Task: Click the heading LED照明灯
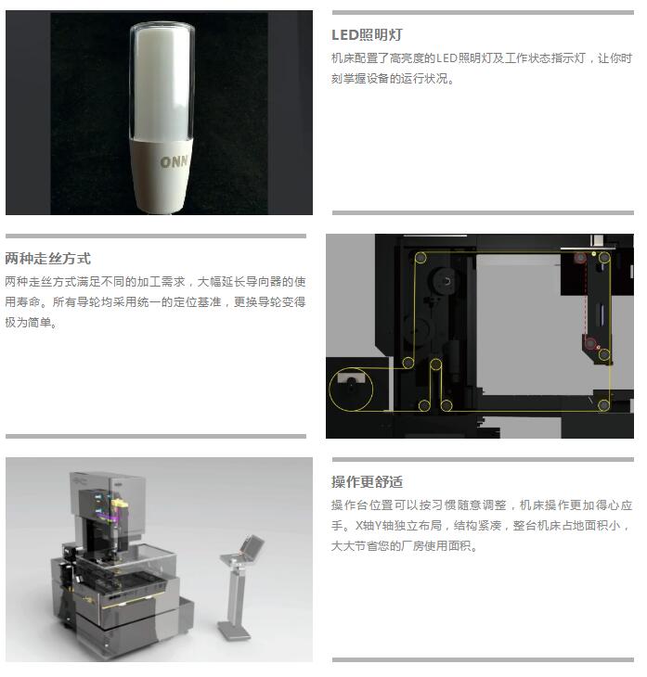pos(367,35)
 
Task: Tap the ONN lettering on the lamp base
pos(175,161)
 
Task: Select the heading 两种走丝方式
pos(48,259)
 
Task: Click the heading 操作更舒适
pos(367,482)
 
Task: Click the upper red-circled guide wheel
pos(580,258)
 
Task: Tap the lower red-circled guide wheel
pos(590,344)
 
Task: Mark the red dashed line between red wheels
pos(586,300)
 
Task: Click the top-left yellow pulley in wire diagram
pos(421,258)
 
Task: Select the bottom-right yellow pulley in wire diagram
pos(603,405)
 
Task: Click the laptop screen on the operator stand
pos(252,545)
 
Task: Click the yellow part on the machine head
pos(120,504)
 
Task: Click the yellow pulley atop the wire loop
pos(435,364)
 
